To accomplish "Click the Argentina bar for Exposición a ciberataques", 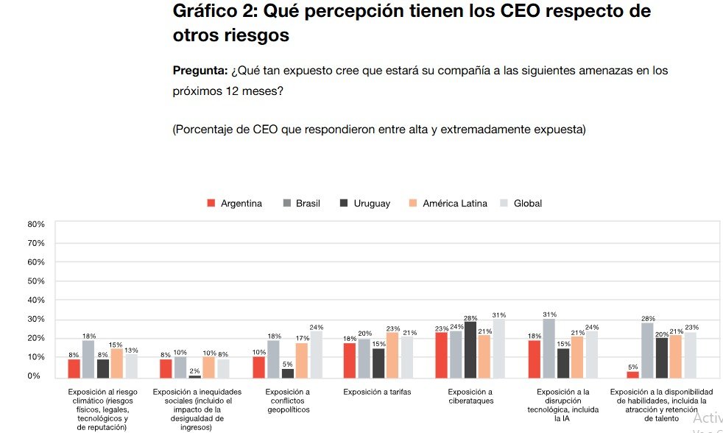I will click(442, 355).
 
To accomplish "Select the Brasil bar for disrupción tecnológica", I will click(549, 348).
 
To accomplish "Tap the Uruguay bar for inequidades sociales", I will click(194, 376).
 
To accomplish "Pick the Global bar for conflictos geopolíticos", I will click(317, 354).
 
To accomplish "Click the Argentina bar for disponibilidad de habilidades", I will click(633, 373).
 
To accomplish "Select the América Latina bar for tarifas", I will click(392, 355).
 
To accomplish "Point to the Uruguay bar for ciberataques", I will click(470, 350).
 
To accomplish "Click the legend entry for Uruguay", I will click(365, 203).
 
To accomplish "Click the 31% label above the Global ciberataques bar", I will click(499, 314).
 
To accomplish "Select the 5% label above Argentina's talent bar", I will click(633, 367).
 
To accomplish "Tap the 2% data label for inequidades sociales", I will click(194, 370).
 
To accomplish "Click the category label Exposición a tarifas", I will click(377, 392).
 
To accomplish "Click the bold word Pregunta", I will click(200, 71).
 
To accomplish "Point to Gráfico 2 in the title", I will click(214, 13).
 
